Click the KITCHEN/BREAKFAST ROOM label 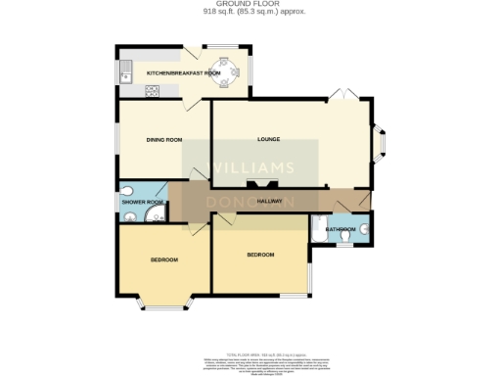tap(183, 73)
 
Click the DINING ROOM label tap(164, 140)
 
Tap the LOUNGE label tap(269, 139)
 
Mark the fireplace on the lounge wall tap(259, 183)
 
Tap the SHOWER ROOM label tap(141, 202)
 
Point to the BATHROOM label tap(342, 230)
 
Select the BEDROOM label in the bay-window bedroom tap(163, 259)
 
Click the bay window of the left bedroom tap(164, 303)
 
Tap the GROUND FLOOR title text tap(250, 5)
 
